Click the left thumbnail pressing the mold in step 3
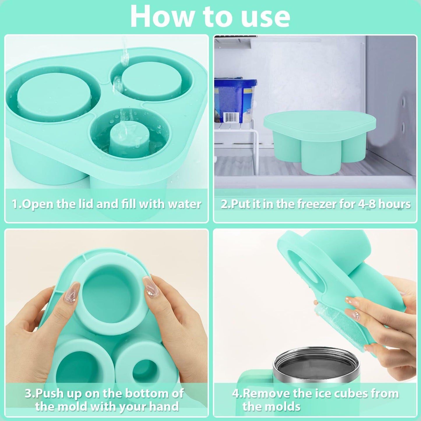(x=71, y=293)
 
